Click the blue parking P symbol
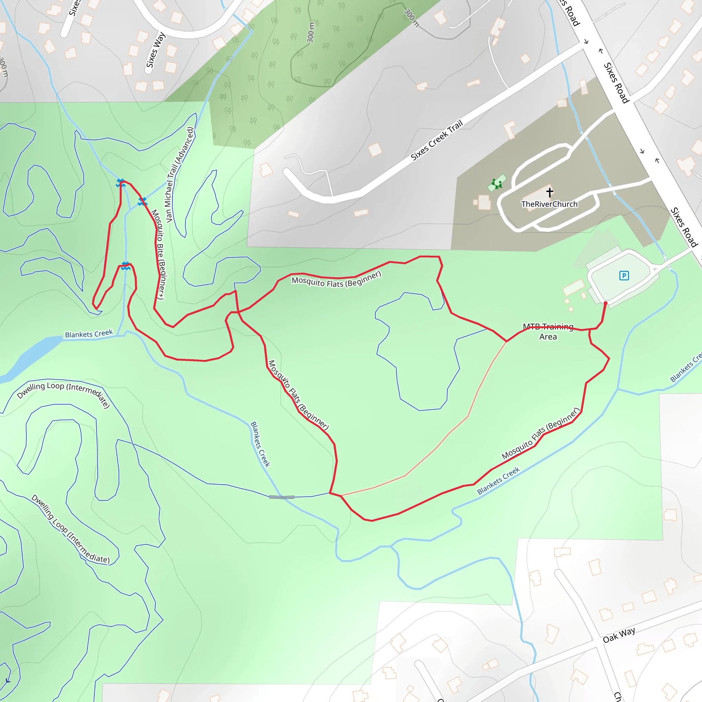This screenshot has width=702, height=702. pyautogui.click(x=624, y=276)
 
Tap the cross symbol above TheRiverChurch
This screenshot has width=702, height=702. pyautogui.click(x=549, y=192)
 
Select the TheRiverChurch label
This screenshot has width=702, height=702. pyautogui.click(x=549, y=204)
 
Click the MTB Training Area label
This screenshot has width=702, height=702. pyautogui.click(x=548, y=331)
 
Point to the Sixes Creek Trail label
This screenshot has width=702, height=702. pyautogui.click(x=437, y=140)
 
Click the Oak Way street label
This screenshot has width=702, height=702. pyautogui.click(x=619, y=635)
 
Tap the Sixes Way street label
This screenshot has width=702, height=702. pyautogui.click(x=155, y=50)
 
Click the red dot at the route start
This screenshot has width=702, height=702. pyautogui.click(x=605, y=303)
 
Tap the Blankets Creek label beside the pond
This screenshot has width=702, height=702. pyautogui.click(x=89, y=334)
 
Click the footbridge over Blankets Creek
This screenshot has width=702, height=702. pyautogui.click(x=282, y=497)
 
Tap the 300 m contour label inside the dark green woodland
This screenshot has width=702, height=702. pyautogui.click(x=311, y=33)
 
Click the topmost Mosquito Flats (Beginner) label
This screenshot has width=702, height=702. pyautogui.click(x=337, y=280)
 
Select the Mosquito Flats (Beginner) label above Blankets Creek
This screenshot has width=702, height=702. pyautogui.click(x=540, y=434)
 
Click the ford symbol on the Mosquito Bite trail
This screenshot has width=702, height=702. pyautogui.click(x=142, y=201)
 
